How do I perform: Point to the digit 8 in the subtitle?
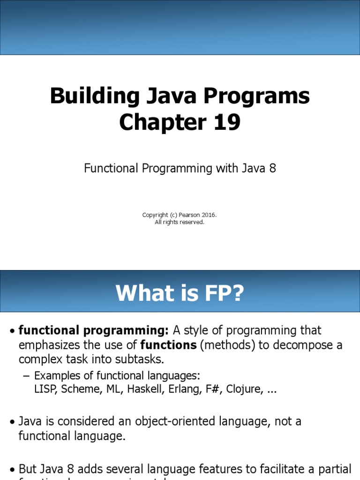(x=272, y=169)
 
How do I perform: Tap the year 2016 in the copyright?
(x=209, y=215)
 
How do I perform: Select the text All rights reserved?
(x=180, y=222)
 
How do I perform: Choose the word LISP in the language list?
(x=45, y=390)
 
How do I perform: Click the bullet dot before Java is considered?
(x=12, y=422)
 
